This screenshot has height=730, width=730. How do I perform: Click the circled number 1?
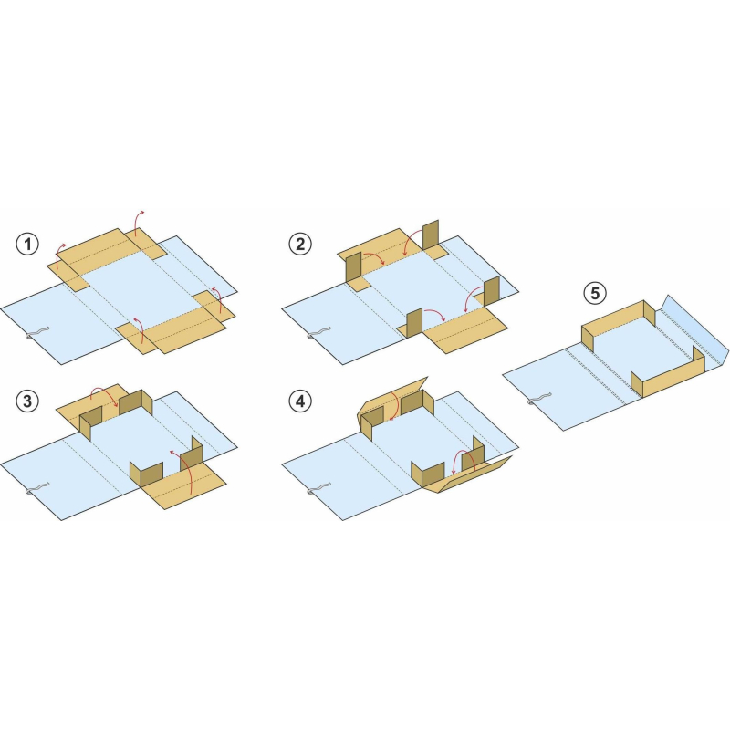coord(27,244)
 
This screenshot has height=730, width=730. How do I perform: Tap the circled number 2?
coord(300,244)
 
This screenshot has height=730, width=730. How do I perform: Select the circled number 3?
coord(27,401)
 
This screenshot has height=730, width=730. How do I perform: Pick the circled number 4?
coord(300,401)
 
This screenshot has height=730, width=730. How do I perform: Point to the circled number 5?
coord(595,293)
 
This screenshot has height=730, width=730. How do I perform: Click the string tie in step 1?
coord(36,332)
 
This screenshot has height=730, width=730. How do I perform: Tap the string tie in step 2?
coord(318,332)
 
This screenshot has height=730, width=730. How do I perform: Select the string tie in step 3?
coord(36,489)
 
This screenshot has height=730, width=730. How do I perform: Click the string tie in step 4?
coord(318,489)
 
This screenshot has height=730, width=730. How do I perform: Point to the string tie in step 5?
coord(538,399)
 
